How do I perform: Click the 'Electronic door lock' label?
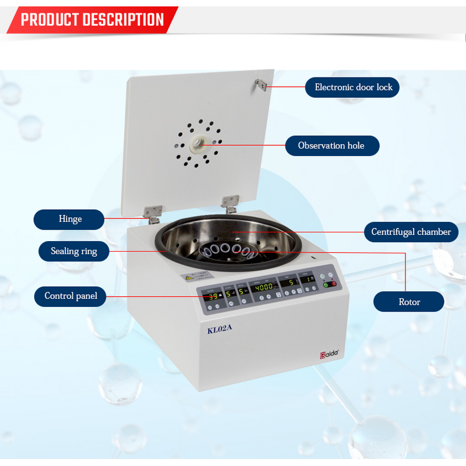pos(354,87)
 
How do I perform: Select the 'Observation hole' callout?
pos(331,146)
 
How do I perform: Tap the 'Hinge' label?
pos(70,219)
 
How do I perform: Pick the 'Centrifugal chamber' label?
pos(411,232)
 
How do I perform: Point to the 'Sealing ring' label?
pos(73,252)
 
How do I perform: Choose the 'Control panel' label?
pos(70,296)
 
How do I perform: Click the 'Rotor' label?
pos(409,302)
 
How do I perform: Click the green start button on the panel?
pos(325,284)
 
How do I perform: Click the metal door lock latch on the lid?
pos(260,86)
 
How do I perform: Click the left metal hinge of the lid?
pos(153,213)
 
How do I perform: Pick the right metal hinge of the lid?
pos(230,203)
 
